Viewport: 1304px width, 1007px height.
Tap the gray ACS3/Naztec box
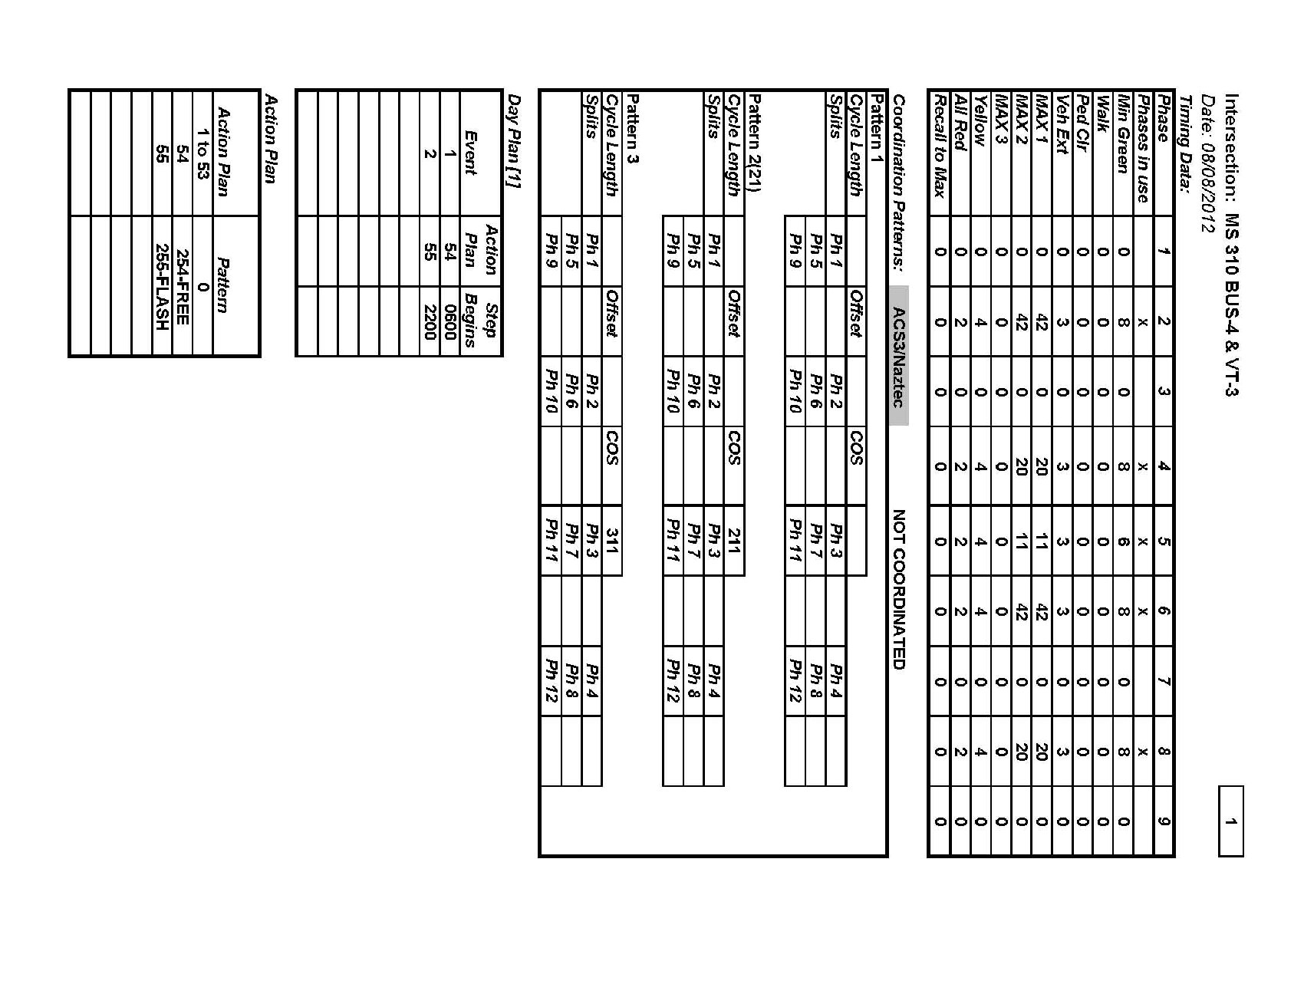[899, 356]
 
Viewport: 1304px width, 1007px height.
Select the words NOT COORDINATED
[899, 589]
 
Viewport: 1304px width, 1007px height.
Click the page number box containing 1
[1230, 821]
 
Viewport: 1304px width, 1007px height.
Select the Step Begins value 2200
[430, 321]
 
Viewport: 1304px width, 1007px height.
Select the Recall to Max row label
[939, 146]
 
